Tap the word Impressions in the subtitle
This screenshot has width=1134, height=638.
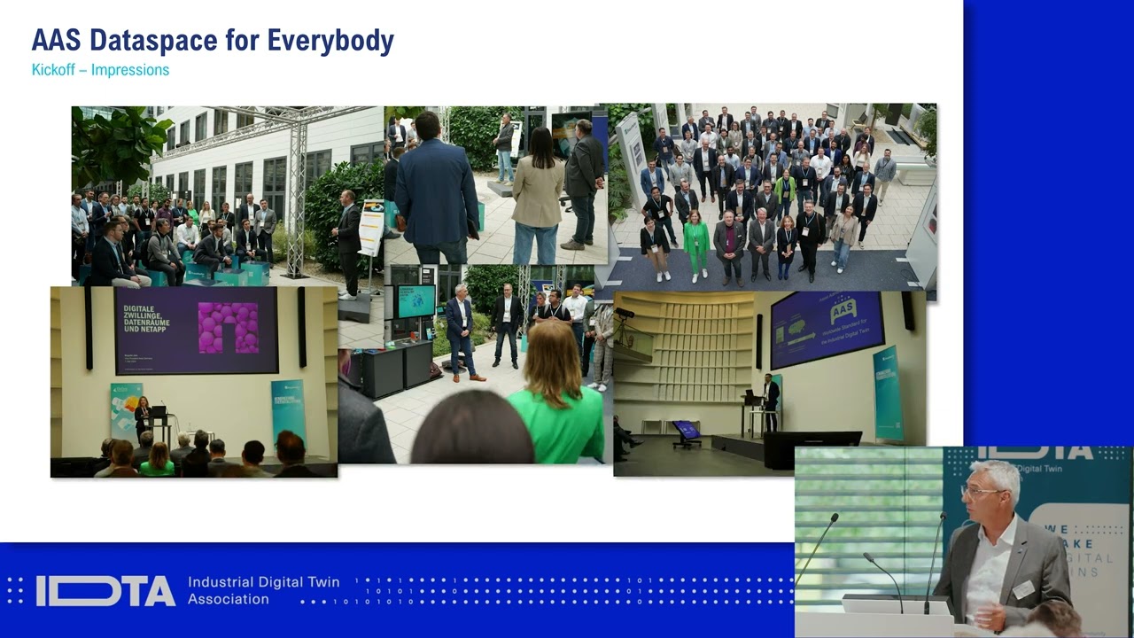tap(130, 70)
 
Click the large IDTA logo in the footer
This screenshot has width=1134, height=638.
tap(105, 591)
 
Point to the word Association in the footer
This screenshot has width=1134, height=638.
tap(228, 600)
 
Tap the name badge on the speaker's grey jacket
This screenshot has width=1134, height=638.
tap(1023, 588)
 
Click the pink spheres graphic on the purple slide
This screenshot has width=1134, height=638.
tap(229, 328)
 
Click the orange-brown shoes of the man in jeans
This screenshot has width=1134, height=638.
tap(470, 377)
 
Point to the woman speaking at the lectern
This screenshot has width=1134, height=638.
tap(142, 417)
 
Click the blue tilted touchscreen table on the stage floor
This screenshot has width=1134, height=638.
tap(686, 432)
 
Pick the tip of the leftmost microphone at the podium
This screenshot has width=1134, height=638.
tap(835, 516)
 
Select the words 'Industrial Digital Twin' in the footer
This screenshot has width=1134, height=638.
tap(263, 582)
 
